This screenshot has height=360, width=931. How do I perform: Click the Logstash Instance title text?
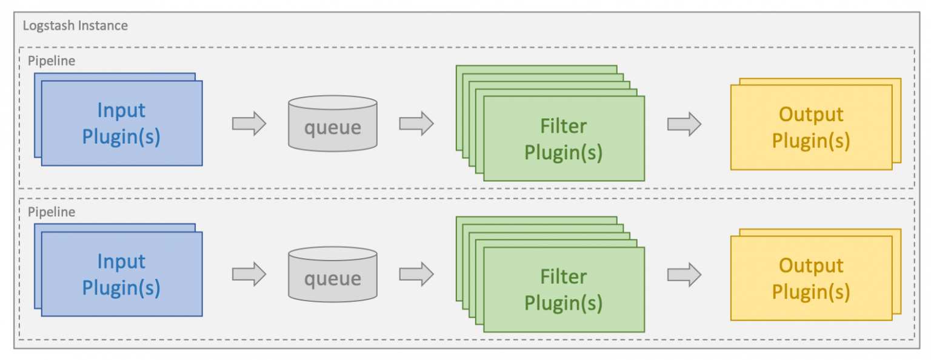[75, 26]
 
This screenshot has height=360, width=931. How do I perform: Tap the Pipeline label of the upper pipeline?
[52, 61]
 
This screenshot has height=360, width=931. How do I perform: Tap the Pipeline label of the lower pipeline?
[52, 212]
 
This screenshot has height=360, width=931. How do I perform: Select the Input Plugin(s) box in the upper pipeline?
[122, 123]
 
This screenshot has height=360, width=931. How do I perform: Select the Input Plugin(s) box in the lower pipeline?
[122, 274]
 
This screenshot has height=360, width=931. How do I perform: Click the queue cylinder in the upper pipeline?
[333, 124]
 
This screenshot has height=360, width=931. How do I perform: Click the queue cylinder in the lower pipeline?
[333, 275]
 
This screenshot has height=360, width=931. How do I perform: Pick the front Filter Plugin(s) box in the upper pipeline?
[564, 138]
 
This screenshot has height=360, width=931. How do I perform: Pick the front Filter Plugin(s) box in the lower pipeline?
[564, 289]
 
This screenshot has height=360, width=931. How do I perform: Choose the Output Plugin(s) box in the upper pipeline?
[812, 127]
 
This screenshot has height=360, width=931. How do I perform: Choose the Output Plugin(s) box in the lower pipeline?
[812, 278]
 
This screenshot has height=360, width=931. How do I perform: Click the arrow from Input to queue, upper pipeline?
[249, 124]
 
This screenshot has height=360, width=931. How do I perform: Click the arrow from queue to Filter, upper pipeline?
[416, 124]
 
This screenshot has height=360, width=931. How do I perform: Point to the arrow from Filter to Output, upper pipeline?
[684, 124]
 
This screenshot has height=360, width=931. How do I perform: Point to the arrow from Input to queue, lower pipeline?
[249, 275]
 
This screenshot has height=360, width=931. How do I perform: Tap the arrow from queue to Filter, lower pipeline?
[416, 275]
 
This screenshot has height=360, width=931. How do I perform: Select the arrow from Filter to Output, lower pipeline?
[684, 275]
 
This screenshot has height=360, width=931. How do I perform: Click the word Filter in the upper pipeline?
[564, 126]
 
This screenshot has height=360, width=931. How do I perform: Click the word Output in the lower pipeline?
[811, 266]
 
